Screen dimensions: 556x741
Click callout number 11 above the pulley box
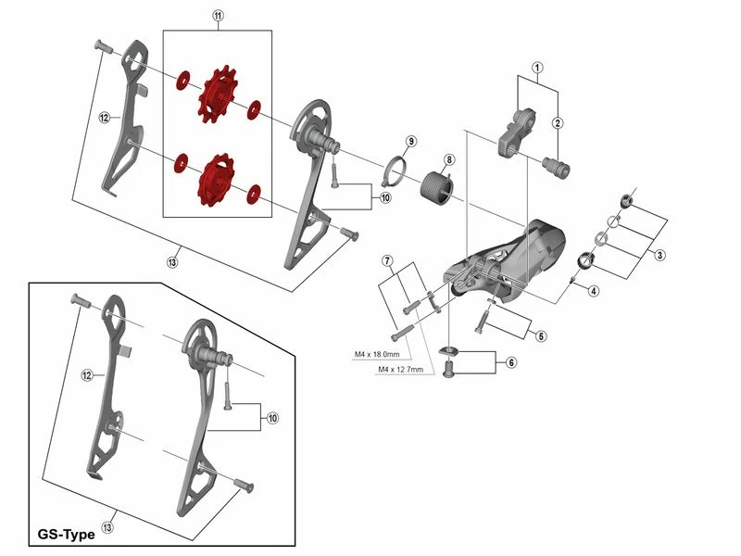pyautogui.click(x=218, y=17)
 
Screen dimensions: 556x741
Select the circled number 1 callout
pyautogui.click(x=536, y=68)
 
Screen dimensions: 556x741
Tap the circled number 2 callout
pyautogui.click(x=558, y=123)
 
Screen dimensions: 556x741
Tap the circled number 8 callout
pyautogui.click(x=449, y=159)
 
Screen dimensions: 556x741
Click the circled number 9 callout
pyautogui.click(x=411, y=141)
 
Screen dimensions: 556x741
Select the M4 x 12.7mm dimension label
pyautogui.click(x=401, y=369)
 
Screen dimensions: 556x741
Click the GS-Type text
pyautogui.click(x=69, y=535)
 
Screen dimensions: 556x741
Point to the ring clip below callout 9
pyautogui.click(x=397, y=169)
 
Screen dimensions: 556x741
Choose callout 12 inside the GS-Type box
pyautogui.click(x=86, y=375)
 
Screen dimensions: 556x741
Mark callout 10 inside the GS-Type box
pyautogui.click(x=272, y=418)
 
